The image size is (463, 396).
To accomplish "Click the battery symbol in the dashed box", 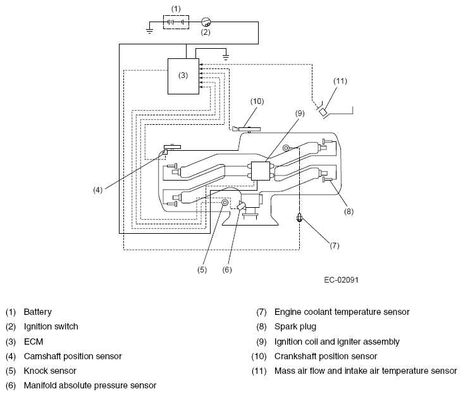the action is click(x=176, y=22).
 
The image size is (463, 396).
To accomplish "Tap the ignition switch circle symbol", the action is click(x=206, y=22).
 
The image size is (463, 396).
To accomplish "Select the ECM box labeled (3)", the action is click(x=183, y=76).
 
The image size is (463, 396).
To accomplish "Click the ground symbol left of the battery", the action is click(x=149, y=30).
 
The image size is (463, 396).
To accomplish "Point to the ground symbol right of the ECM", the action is click(x=226, y=56).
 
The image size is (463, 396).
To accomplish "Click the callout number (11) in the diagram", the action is click(x=340, y=81).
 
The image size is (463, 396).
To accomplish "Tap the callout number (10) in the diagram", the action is click(x=257, y=101).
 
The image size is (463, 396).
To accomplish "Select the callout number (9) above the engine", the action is click(x=300, y=113).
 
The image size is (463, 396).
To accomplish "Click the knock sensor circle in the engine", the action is click(x=225, y=203).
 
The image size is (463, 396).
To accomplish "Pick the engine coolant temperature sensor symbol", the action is click(x=299, y=219).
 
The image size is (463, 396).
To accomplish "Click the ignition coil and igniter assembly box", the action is click(x=261, y=171).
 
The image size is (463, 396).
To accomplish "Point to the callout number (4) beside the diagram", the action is click(x=98, y=190).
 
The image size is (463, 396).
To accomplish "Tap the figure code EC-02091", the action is click(x=341, y=280).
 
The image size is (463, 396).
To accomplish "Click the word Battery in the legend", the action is click(x=37, y=312).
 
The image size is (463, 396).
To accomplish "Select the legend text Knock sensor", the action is click(x=50, y=371).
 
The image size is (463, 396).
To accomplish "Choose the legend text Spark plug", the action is click(x=295, y=327).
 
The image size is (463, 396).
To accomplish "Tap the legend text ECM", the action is click(x=34, y=342).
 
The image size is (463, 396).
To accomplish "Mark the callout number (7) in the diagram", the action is click(x=334, y=246).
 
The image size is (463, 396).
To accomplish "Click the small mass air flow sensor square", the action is click(x=323, y=112).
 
